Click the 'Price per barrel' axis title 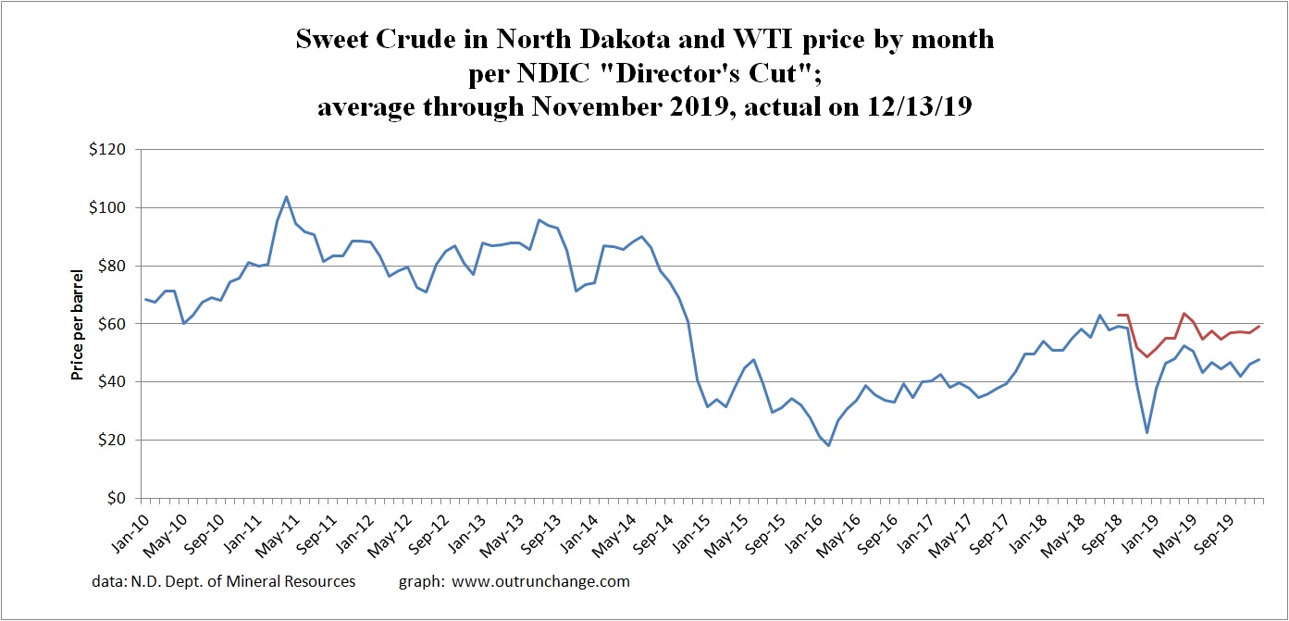(78, 324)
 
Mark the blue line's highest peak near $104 (286, 196)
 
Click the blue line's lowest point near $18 (829, 445)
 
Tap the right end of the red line (1259, 326)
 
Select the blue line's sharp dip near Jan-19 (1147, 432)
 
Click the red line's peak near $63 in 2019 (1184, 314)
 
